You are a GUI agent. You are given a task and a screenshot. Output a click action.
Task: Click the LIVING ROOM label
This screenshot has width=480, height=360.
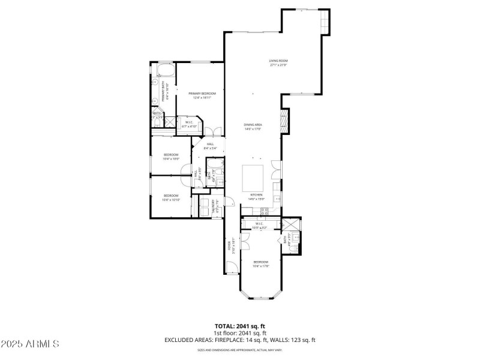coord(278,62)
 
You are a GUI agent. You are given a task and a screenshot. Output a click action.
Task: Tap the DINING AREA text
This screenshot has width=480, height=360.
coord(253,127)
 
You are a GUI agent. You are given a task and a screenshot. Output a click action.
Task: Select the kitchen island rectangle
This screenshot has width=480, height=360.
coord(253,177)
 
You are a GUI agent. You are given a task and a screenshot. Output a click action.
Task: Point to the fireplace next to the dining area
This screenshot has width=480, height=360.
coord(285,120)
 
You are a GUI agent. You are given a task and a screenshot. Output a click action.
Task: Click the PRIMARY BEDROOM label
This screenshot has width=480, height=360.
coord(202,95)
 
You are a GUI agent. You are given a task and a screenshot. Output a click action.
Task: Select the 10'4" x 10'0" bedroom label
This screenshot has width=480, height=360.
coord(171,157)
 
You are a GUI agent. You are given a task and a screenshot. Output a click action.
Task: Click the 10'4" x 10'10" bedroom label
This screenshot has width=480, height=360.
coord(171,197)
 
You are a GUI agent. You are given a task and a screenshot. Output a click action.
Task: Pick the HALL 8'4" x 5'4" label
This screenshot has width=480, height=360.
coord(210,146)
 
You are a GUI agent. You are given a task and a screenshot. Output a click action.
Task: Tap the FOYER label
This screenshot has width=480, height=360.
coord(229,247)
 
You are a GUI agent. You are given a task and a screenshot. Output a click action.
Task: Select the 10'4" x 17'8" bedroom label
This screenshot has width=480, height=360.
coord(260,264)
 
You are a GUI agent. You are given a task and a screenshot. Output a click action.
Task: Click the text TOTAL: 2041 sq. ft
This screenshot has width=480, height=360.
coord(240,326)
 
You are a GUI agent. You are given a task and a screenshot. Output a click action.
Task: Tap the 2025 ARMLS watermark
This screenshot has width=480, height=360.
coord(30,344)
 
